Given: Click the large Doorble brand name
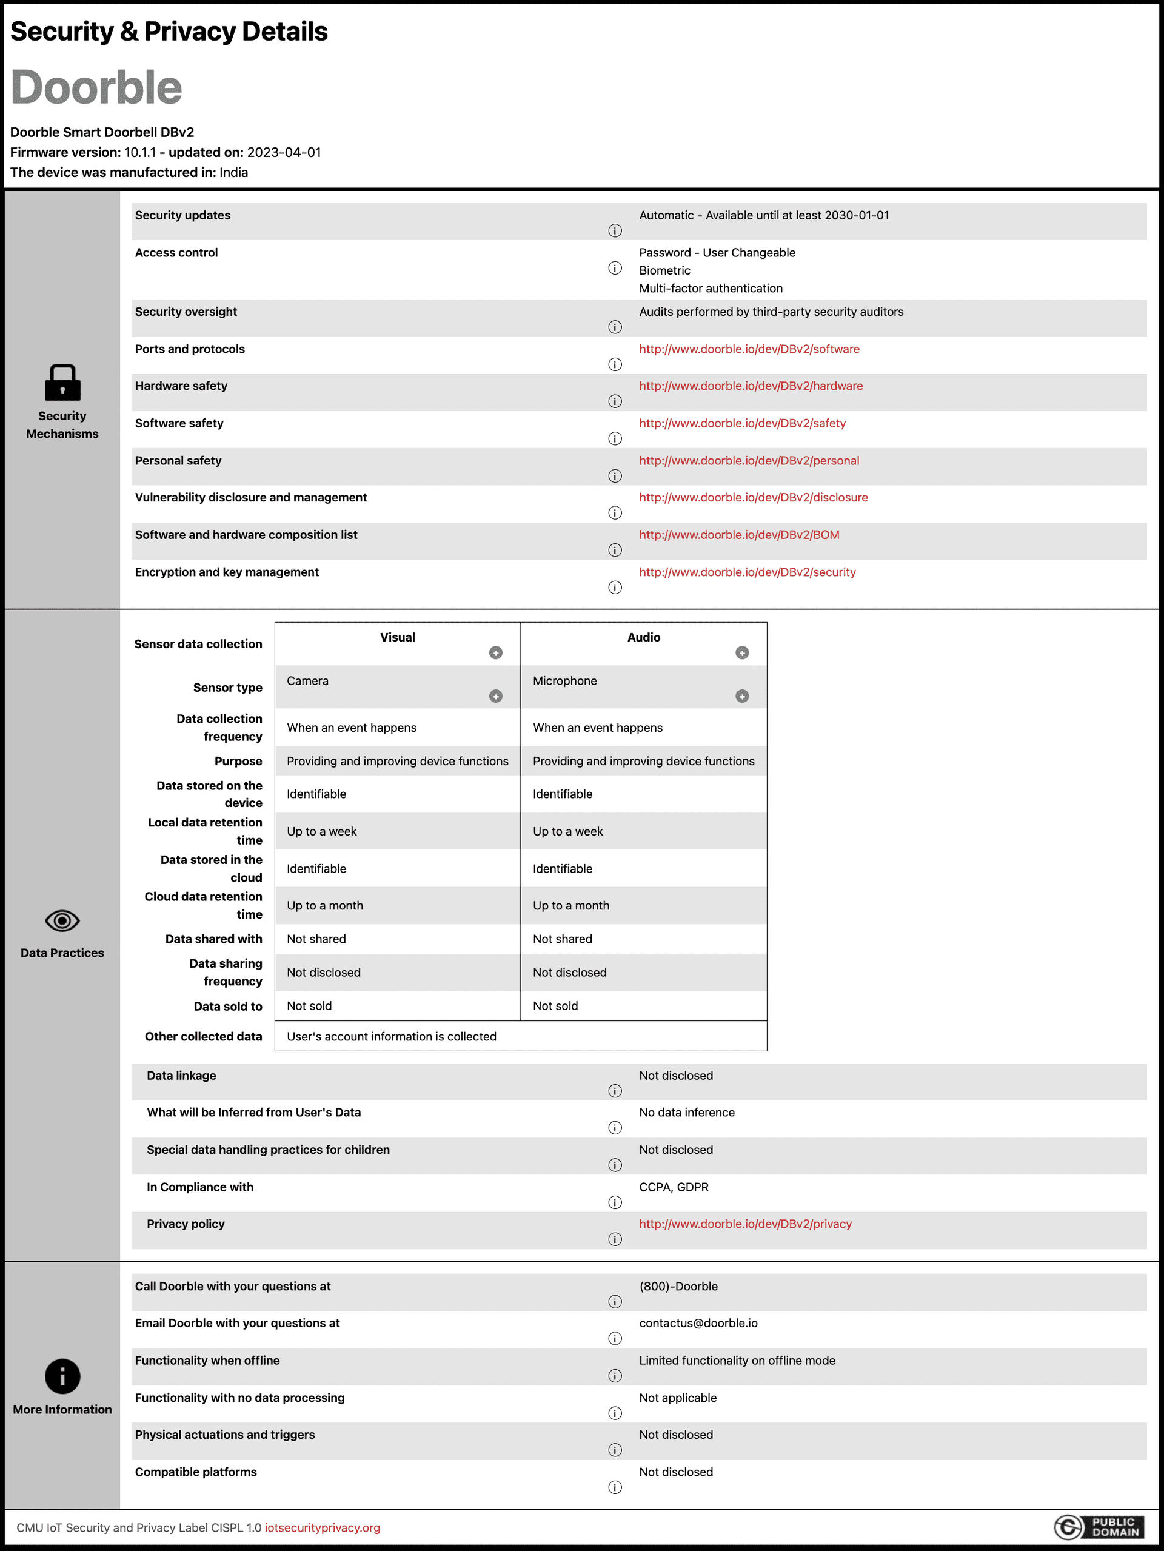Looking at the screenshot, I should point(97,88).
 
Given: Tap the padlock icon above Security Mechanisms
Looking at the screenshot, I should point(62,382).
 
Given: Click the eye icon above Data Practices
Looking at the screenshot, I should point(62,920).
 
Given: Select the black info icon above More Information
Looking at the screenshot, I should point(62,1376).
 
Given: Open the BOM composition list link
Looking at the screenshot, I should point(738,535).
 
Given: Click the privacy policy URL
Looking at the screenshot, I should point(744,1224).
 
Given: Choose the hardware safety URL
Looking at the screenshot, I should point(751,386).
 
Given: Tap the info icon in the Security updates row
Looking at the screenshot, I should point(615,230).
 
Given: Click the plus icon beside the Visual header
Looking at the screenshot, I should point(496,653).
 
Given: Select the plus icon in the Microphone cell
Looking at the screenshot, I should point(742,696).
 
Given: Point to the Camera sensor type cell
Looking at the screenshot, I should point(307,681).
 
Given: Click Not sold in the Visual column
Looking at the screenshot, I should point(309,1005).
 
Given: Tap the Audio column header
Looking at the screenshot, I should point(643,637).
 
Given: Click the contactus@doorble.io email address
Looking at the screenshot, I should point(698,1323).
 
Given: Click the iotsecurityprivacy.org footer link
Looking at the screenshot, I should point(322,1527).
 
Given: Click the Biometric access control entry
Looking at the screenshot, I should point(664,270).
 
